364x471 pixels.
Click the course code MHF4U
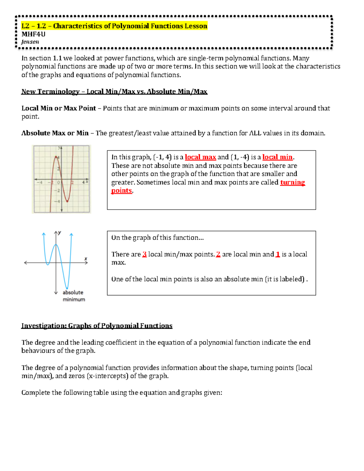point(33,34)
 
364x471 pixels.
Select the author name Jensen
point(30,42)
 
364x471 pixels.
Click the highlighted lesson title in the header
point(114,26)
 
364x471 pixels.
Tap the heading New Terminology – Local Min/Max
point(114,92)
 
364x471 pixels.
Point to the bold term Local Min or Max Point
point(59,108)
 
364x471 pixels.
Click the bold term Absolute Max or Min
point(55,133)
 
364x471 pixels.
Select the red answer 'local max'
point(200,157)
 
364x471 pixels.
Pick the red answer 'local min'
point(277,157)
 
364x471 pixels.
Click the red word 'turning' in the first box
point(292,182)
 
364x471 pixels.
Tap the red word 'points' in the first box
point(121,191)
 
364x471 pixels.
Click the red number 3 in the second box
point(144,254)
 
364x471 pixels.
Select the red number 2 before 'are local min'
point(218,254)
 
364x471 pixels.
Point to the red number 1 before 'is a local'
point(278,254)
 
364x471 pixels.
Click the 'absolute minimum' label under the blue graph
point(73,296)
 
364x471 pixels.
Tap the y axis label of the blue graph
point(59,233)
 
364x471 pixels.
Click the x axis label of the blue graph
point(86,259)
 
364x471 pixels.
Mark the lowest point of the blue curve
point(67,288)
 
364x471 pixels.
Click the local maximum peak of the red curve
point(56,157)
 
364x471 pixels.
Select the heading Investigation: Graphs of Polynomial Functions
point(97,326)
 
